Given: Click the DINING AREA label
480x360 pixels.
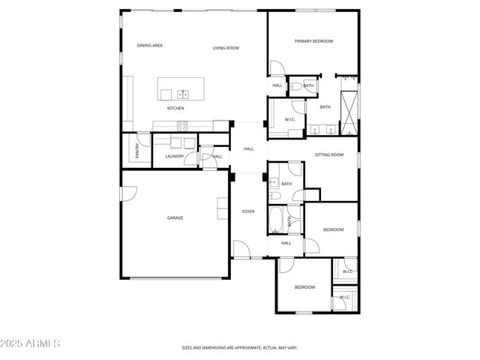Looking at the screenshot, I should (x=150, y=46).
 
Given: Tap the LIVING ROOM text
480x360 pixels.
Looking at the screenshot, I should (x=225, y=48).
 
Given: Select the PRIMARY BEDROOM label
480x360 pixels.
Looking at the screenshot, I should (x=313, y=41).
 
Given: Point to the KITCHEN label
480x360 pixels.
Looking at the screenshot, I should (x=175, y=108).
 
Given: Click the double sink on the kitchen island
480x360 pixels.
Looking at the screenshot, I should (x=181, y=94).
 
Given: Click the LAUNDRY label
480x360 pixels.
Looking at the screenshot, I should (x=175, y=156).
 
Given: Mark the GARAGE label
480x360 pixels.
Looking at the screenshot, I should (x=175, y=217).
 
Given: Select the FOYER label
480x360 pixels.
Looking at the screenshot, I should (x=248, y=211).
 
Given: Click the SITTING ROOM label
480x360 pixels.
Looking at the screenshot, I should (x=328, y=154).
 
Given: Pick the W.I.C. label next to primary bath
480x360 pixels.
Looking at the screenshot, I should (x=290, y=119).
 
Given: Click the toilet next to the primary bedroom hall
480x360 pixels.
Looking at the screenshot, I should (x=296, y=87).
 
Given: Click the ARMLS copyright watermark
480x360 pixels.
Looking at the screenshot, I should (x=31, y=343).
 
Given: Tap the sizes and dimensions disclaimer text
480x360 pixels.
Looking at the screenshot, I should (x=239, y=348).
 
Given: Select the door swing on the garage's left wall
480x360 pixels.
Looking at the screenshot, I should (x=128, y=193).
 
